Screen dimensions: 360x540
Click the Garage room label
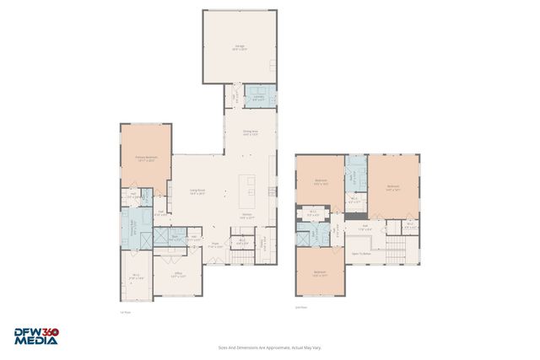pyautogui.click(x=240, y=48)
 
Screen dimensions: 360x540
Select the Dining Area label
pyautogui.click(x=250, y=132)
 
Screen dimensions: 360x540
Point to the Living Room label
pyautogui.click(x=198, y=192)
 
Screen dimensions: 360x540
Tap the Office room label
pyautogui.click(x=177, y=275)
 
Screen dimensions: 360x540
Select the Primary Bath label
pyautogui.click(x=132, y=226)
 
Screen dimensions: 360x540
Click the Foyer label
pyautogui.click(x=216, y=246)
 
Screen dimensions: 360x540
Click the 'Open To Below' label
pyautogui.click(x=362, y=253)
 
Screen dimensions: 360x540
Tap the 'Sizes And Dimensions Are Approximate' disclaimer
pyautogui.click(x=270, y=347)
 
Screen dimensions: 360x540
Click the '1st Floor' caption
pyautogui.click(x=124, y=312)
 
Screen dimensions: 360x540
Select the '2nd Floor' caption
pyautogui.click(x=300, y=307)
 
